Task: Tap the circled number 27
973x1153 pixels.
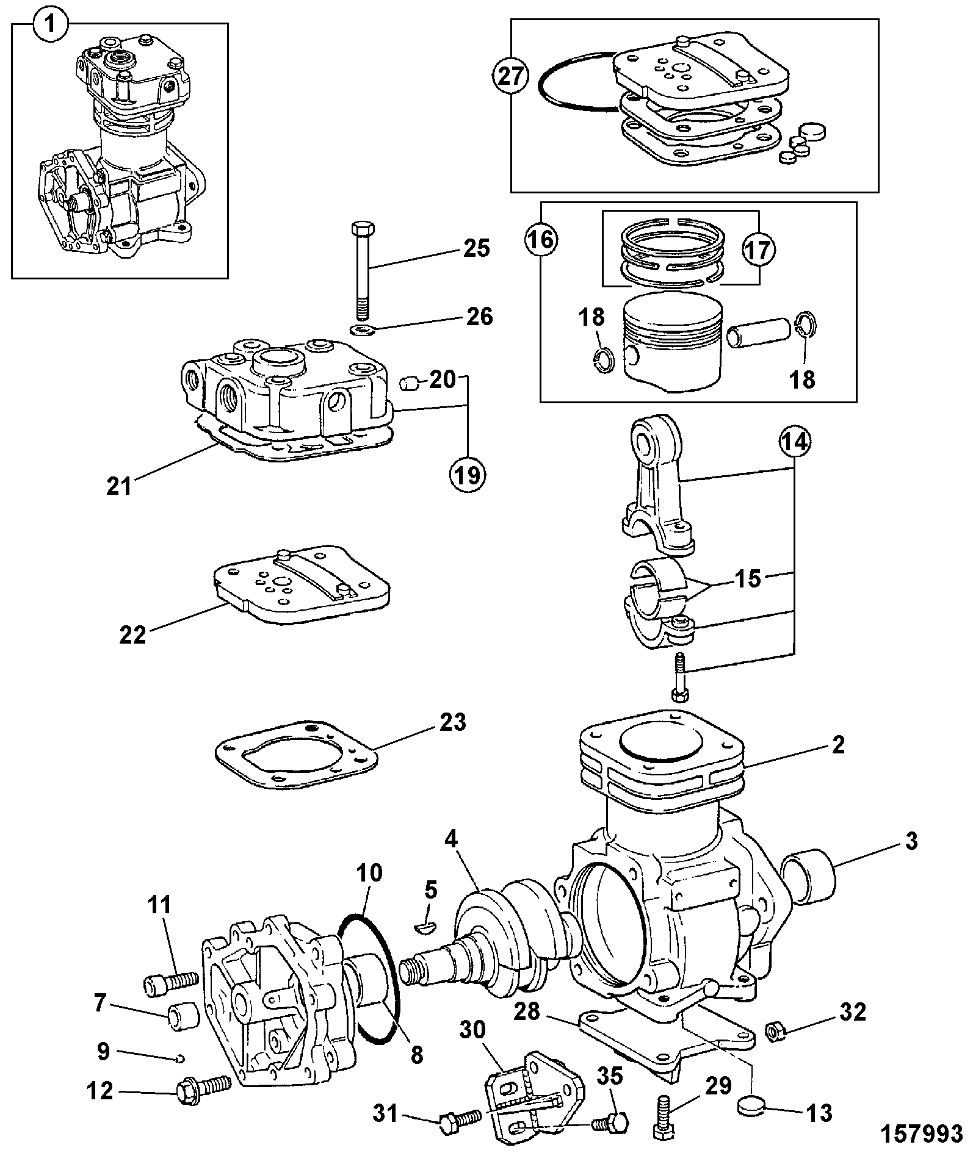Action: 510,77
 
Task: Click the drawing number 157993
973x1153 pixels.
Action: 922,1133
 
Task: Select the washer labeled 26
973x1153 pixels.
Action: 362,331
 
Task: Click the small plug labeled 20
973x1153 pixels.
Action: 408,384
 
